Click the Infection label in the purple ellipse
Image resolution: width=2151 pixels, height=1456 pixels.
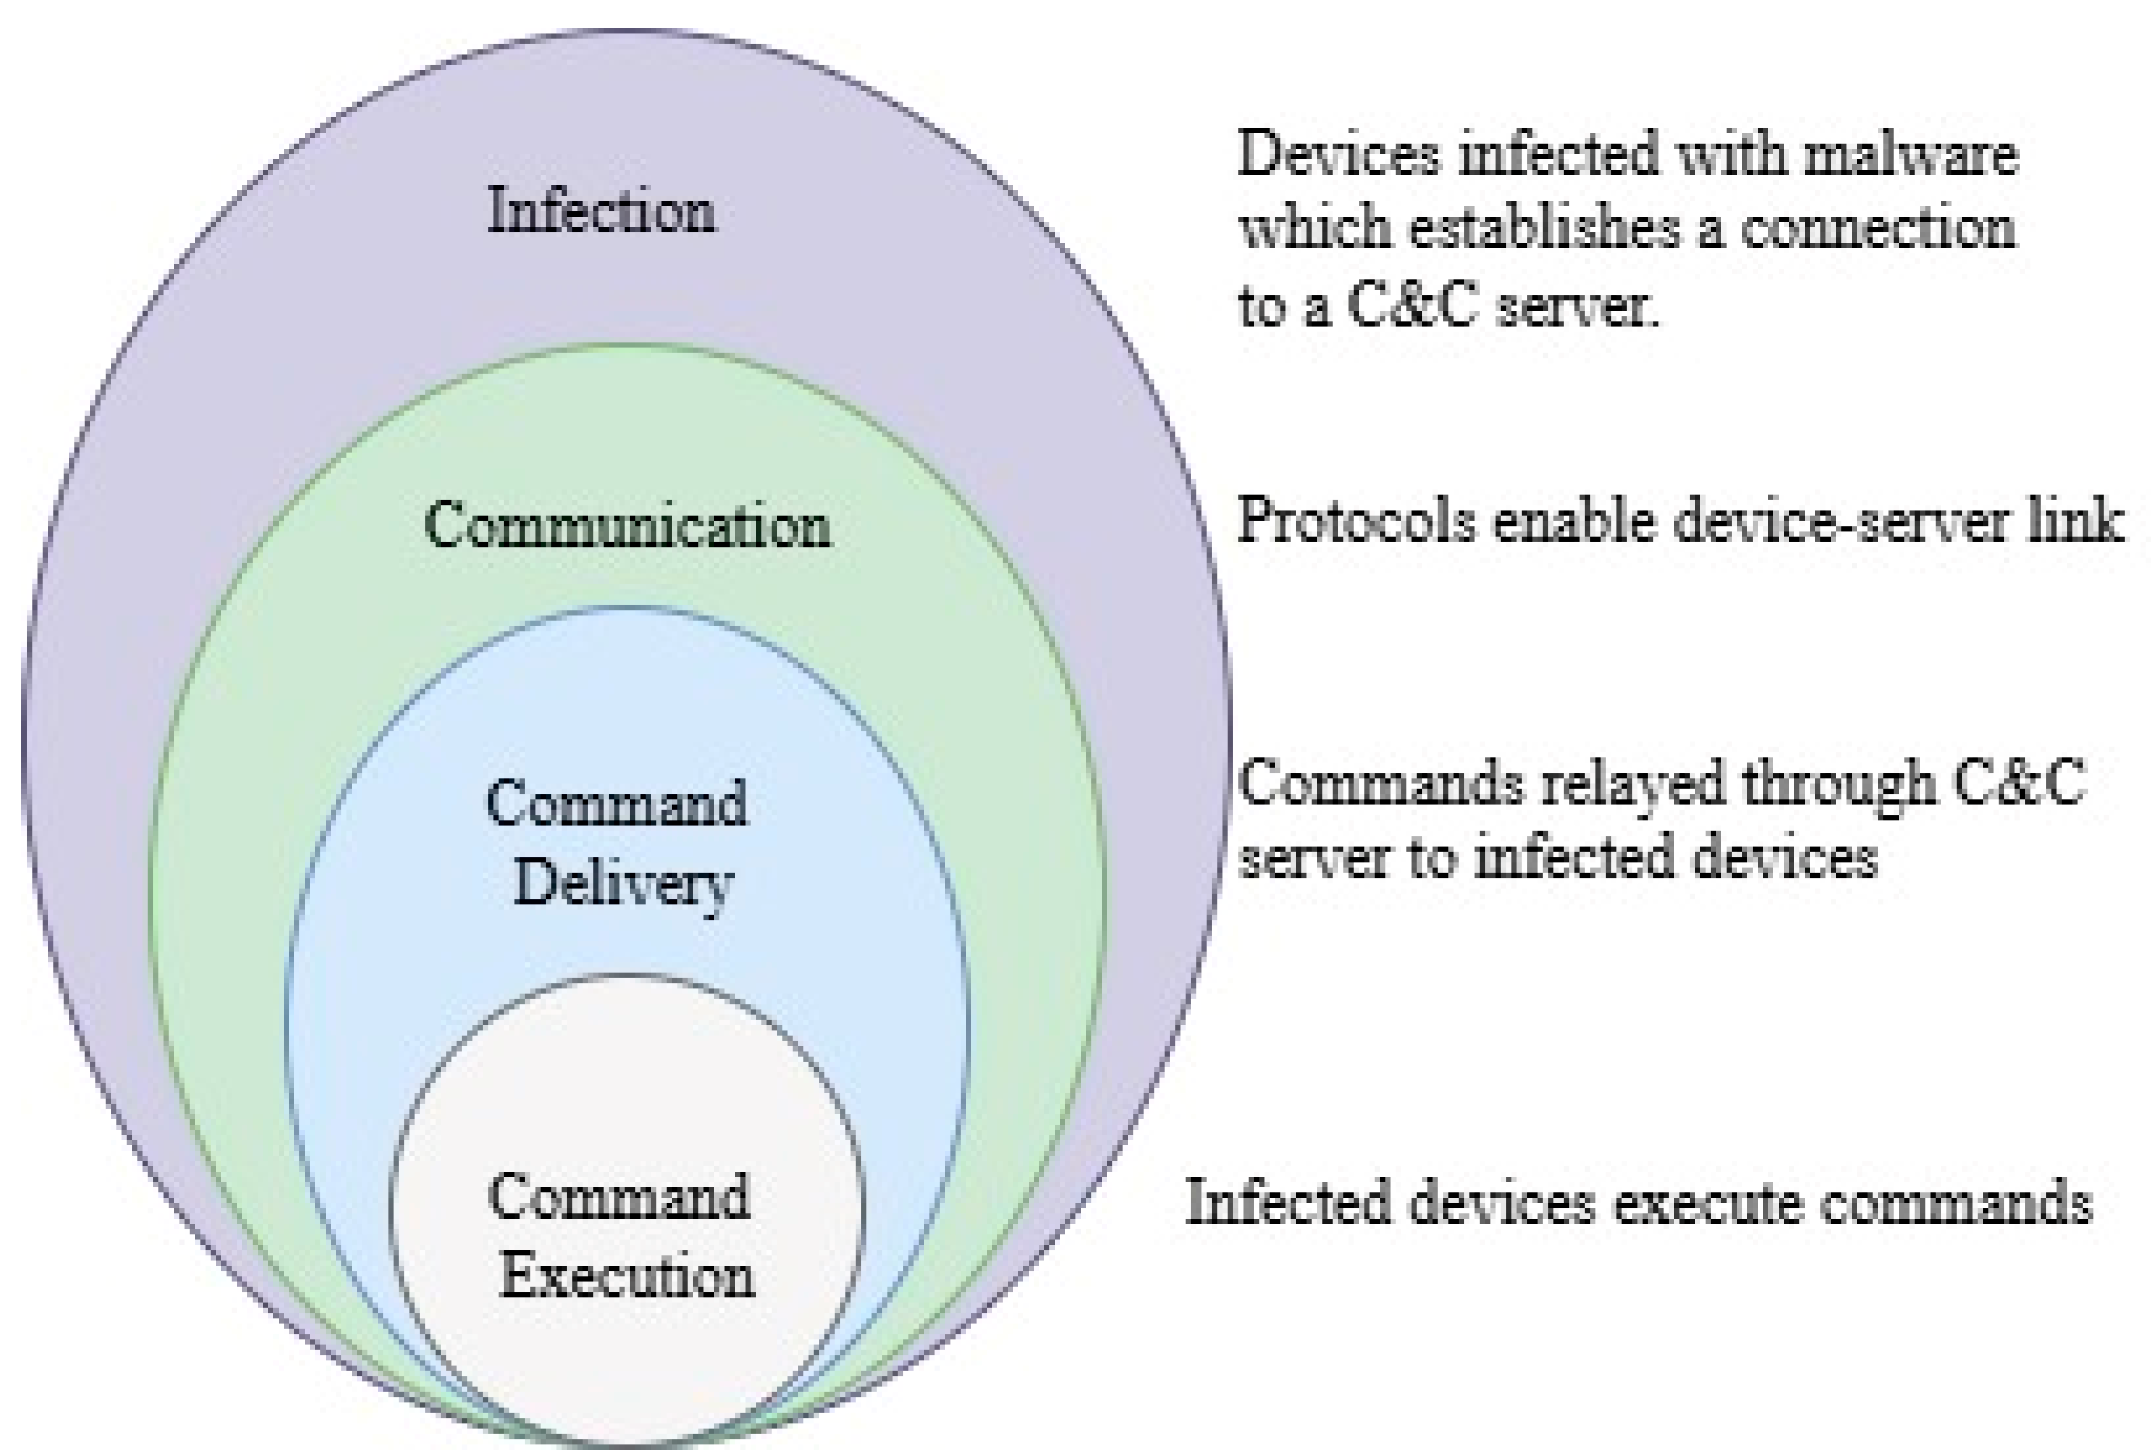pyautogui.click(x=601, y=211)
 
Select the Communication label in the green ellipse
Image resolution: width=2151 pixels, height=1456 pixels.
pyautogui.click(x=628, y=525)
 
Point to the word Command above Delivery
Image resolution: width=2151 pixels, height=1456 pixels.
pyautogui.click(x=617, y=802)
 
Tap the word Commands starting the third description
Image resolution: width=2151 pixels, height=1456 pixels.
pyautogui.click(x=1379, y=783)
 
